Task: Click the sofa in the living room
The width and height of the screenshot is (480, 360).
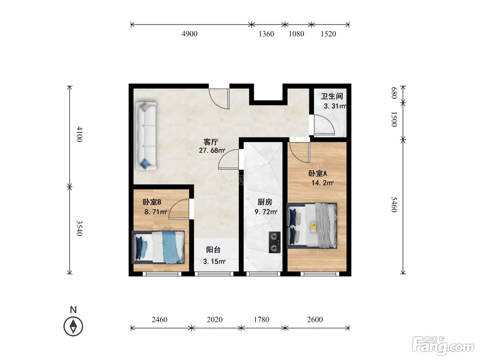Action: click(146, 136)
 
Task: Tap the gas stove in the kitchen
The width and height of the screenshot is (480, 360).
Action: click(275, 242)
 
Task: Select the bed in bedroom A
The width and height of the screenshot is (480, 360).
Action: click(312, 226)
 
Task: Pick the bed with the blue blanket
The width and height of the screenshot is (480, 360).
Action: click(158, 247)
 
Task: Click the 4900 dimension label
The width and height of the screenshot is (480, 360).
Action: click(189, 34)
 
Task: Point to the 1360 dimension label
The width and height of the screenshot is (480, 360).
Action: click(266, 34)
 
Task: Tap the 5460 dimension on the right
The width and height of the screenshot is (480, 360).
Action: click(394, 205)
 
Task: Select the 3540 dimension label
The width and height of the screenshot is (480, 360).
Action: click(80, 228)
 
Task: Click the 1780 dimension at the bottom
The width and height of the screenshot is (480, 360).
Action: click(261, 320)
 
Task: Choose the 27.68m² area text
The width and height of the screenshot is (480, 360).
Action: click(212, 151)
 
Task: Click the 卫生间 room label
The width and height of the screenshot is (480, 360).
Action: click(332, 96)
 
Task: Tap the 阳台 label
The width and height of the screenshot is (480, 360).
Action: click(213, 250)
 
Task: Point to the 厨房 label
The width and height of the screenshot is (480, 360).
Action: click(265, 202)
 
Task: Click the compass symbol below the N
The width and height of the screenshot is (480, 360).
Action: click(73, 326)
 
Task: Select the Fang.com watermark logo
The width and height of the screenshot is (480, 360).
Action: click(443, 346)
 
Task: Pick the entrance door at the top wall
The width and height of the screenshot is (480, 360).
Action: click(219, 99)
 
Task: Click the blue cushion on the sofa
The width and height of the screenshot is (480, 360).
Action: click(145, 163)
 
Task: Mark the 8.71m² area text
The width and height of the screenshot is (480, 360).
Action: click(156, 212)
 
